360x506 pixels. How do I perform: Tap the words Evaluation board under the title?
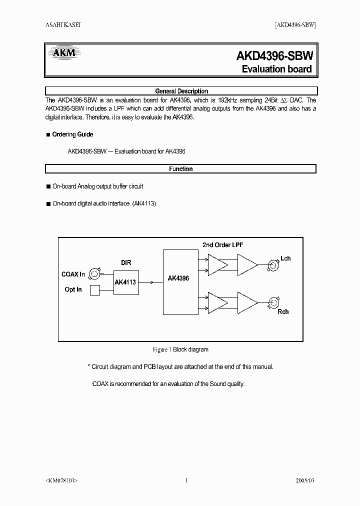point(276,69)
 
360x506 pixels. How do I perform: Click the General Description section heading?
point(181,91)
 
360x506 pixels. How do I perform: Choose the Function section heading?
point(181,169)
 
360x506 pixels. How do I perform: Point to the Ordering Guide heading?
point(72,134)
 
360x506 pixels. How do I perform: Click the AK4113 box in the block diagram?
point(125,282)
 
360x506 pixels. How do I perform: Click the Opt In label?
point(73,289)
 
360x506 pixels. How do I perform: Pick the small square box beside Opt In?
point(94,290)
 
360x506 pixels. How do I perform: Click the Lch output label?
point(285,258)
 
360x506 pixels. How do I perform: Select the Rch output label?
point(283,311)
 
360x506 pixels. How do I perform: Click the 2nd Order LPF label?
point(222,244)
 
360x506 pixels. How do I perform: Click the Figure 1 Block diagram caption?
point(180,349)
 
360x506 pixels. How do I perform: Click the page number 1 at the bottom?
point(186,480)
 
